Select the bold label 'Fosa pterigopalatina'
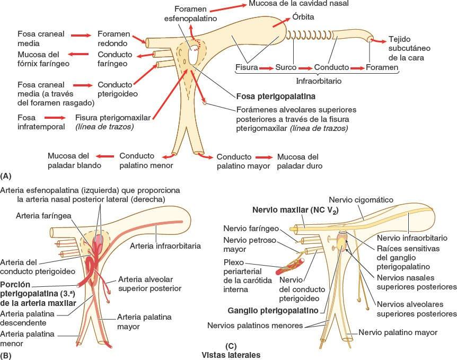tap(276, 97)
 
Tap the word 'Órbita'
tap(303, 17)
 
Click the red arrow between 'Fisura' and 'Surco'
tap(267, 68)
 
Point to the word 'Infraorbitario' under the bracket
tap(318, 82)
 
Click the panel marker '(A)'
tap(6, 175)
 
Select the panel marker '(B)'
tap(6, 356)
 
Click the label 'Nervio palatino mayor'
tap(398, 332)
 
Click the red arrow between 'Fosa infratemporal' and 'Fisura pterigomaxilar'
tap(56, 117)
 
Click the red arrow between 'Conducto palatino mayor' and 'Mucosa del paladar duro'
tap(263, 157)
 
